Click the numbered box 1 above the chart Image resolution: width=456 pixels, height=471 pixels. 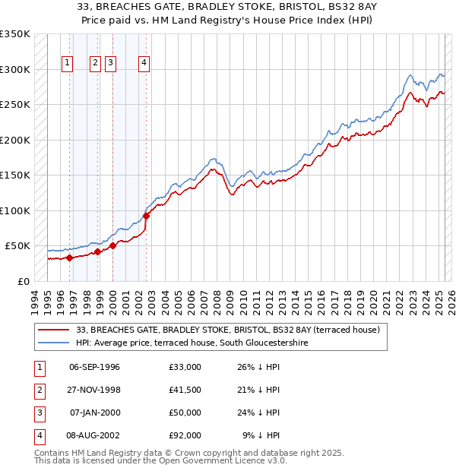point(68,64)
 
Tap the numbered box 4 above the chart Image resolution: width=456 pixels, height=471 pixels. point(144,64)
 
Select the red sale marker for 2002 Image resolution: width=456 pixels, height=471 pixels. point(147,216)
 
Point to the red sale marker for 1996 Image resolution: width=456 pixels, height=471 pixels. point(69,258)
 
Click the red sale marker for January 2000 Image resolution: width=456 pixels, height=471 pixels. point(112,245)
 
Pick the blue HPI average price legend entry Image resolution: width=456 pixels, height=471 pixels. point(202,343)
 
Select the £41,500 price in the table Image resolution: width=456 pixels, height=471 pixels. point(185,390)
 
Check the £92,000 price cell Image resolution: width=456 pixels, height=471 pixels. point(185,435)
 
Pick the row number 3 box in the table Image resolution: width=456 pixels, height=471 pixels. point(39,413)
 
